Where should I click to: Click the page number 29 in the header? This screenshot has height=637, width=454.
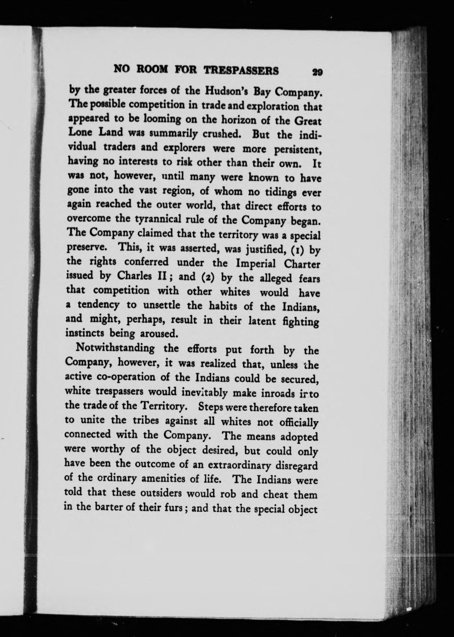pos(317,72)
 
